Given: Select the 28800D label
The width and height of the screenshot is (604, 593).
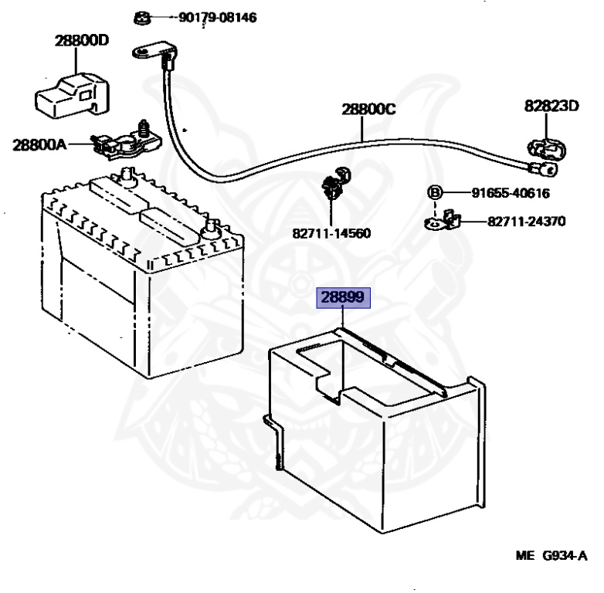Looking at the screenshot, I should [x=81, y=41].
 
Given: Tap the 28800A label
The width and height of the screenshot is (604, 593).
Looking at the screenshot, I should [x=39, y=144].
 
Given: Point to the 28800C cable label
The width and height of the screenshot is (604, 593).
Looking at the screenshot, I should [x=369, y=110].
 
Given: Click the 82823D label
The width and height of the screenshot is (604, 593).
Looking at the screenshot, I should [x=551, y=106].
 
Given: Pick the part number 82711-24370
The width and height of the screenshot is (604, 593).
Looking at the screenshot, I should [x=525, y=222].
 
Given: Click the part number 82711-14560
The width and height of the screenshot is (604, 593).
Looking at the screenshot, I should [x=331, y=231].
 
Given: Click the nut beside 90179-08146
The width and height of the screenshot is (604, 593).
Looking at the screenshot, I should [x=141, y=17].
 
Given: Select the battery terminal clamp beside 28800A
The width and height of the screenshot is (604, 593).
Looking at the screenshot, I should [x=124, y=141].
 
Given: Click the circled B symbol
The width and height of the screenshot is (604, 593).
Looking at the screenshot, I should [x=435, y=193].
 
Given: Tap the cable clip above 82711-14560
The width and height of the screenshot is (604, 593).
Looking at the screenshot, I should [x=334, y=184].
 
